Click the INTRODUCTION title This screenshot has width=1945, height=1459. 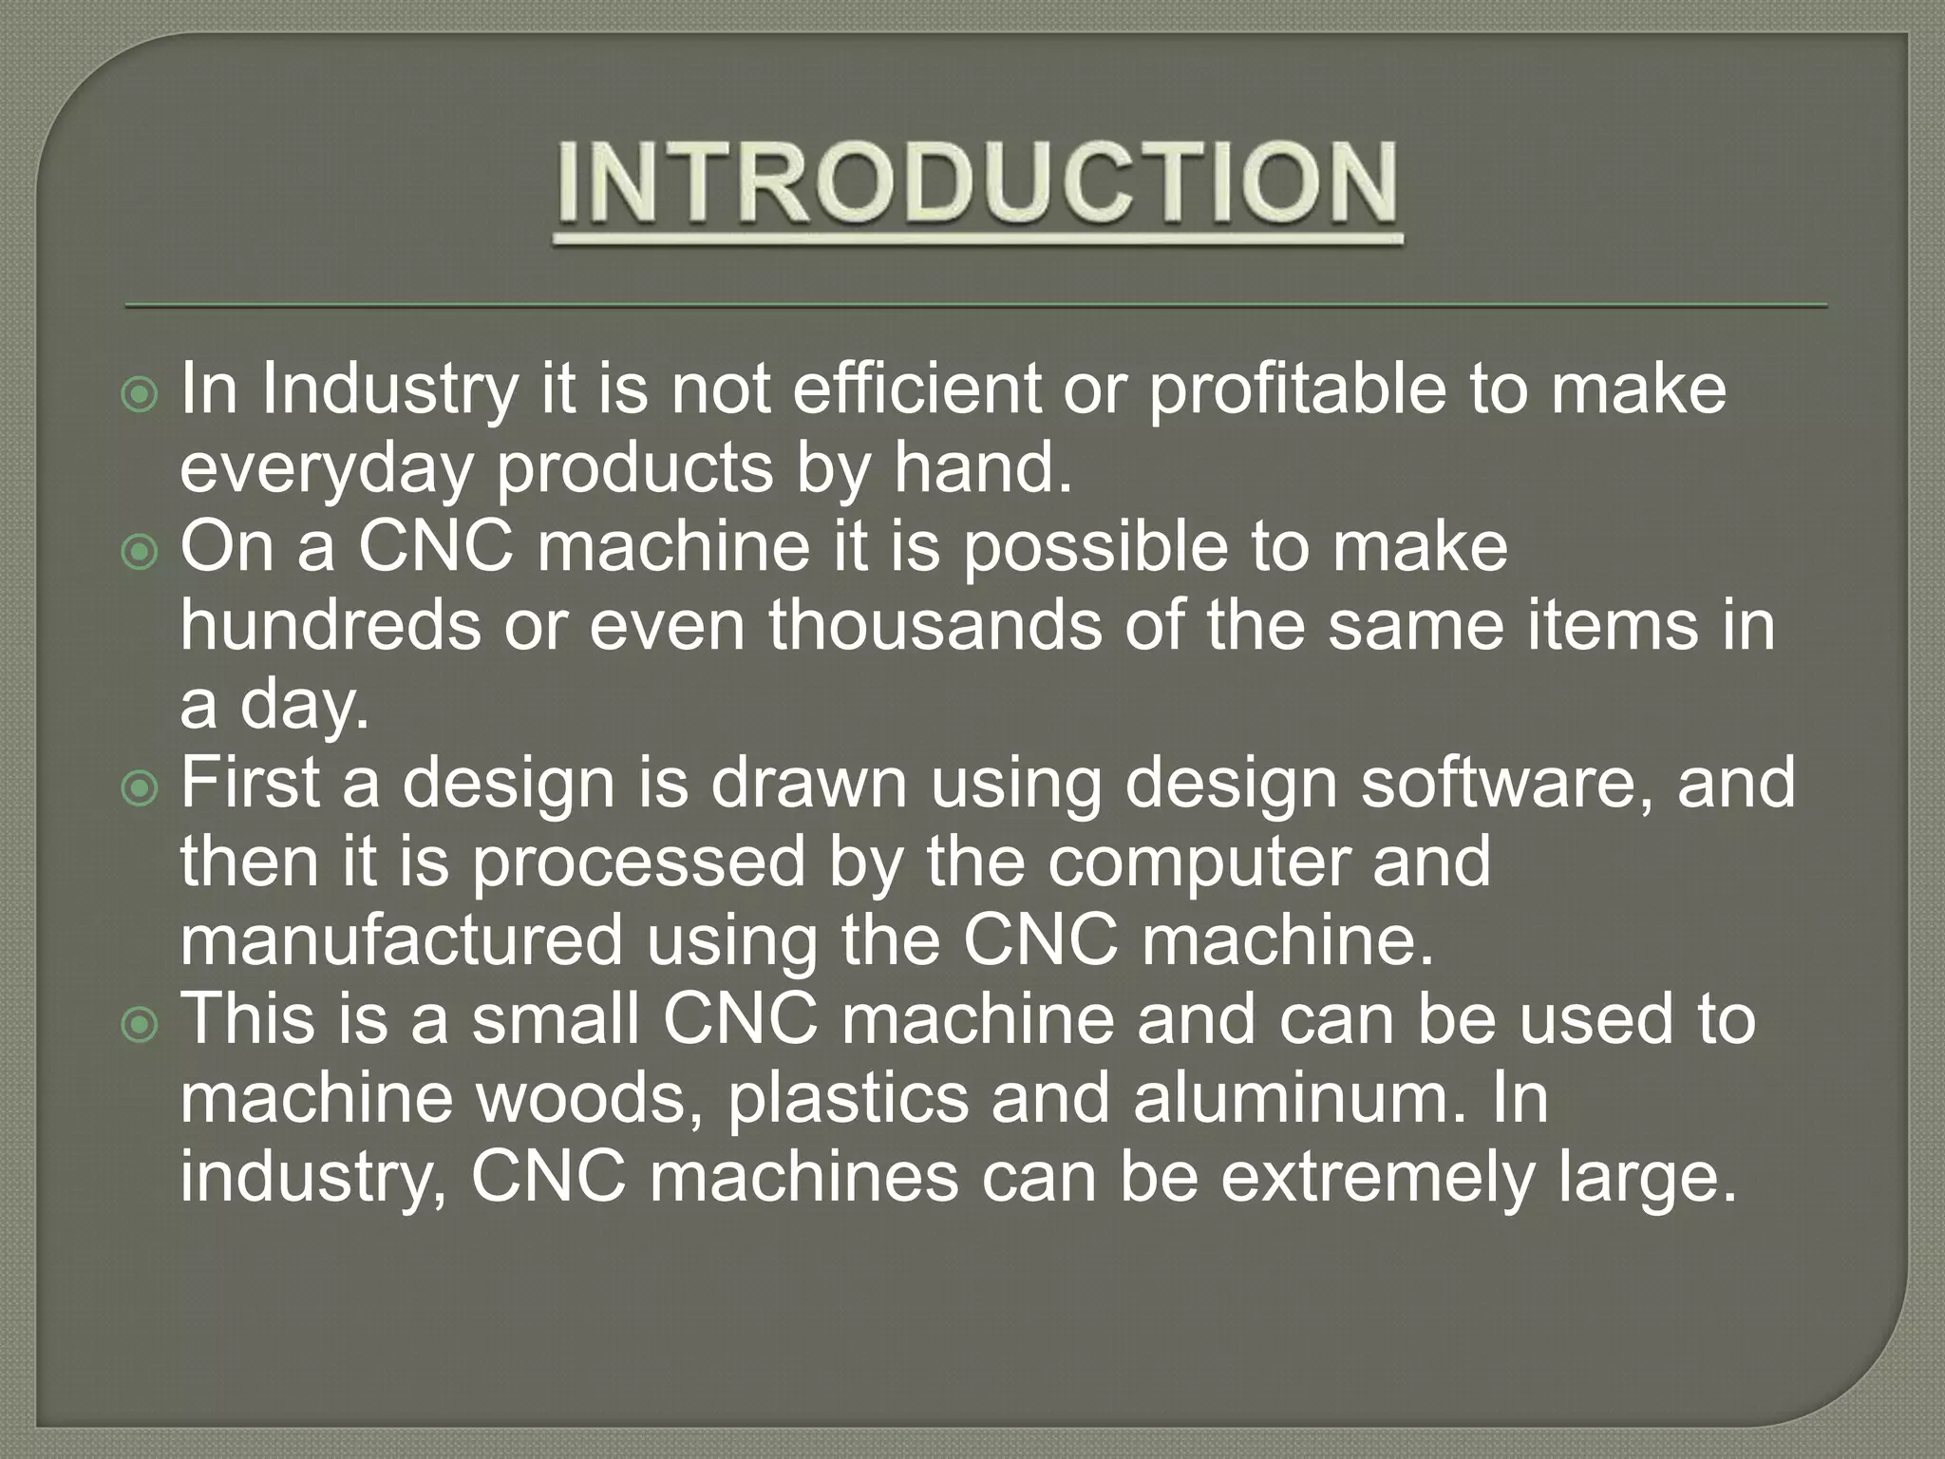(x=976, y=183)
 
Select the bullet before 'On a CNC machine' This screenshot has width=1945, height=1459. (x=141, y=552)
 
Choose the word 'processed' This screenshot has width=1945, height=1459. (x=638, y=862)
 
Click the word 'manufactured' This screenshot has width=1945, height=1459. (x=401, y=940)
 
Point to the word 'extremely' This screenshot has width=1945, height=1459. (x=1377, y=1177)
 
